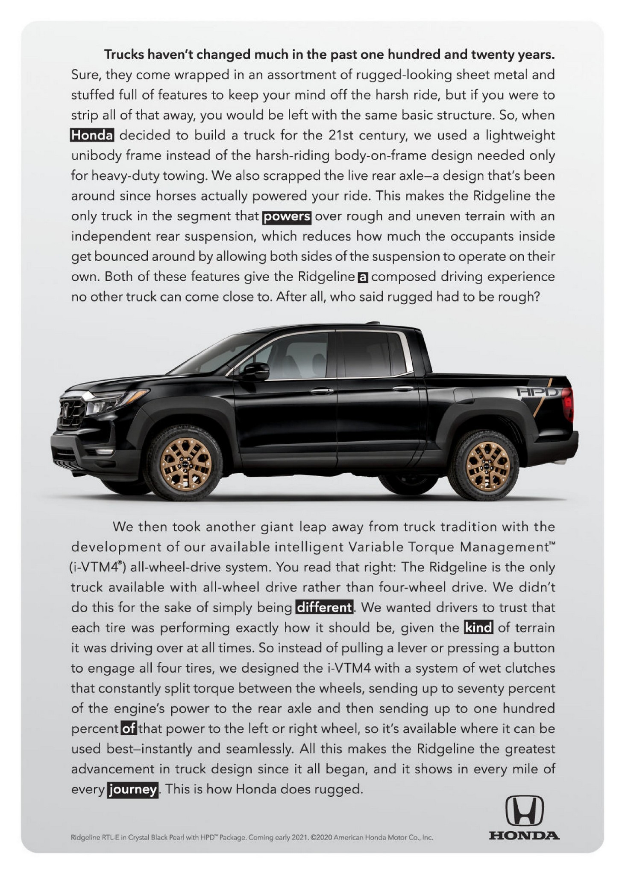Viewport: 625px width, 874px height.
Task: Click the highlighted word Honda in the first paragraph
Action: point(92,135)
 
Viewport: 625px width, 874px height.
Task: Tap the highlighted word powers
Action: point(286,216)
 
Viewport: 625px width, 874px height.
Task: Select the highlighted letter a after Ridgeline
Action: point(362,277)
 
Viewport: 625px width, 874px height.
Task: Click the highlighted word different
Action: point(324,607)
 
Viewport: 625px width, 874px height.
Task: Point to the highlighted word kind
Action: point(478,628)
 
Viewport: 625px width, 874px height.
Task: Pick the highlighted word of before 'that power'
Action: point(129,728)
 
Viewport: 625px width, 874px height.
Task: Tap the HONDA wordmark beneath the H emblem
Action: point(524,835)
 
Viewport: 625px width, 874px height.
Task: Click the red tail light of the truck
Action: point(568,404)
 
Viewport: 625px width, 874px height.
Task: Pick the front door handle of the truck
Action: point(321,390)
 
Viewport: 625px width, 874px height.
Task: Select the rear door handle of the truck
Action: point(403,388)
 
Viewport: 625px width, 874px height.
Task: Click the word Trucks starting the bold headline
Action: point(124,55)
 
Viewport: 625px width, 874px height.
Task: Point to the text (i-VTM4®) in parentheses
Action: point(97,567)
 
